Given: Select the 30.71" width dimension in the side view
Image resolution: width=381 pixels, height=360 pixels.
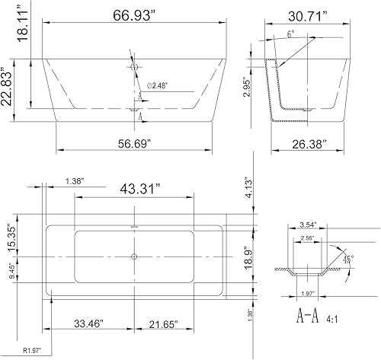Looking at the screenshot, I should tap(309, 14).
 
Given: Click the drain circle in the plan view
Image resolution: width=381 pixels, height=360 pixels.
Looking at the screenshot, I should tap(134, 256).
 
